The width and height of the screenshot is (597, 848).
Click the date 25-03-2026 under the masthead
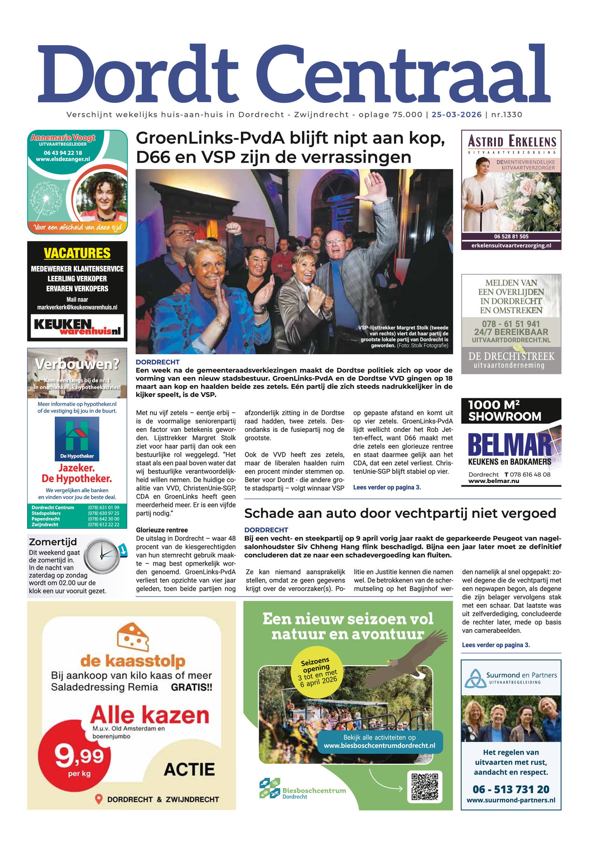(456, 114)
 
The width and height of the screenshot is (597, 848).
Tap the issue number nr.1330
(506, 114)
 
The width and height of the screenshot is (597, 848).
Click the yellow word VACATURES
(77, 253)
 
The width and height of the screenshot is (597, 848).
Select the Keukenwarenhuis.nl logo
(77, 326)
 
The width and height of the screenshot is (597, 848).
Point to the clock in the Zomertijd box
(101, 556)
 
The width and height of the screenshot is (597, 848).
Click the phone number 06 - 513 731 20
(511, 789)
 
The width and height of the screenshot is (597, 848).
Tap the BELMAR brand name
(510, 445)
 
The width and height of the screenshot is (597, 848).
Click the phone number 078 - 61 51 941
(511, 324)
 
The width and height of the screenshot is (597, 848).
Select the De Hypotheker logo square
(77, 439)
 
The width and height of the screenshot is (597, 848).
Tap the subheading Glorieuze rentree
(162, 530)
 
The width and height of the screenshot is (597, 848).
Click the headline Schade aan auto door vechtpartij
(400, 513)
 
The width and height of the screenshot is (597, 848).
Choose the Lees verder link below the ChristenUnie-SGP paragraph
(387, 487)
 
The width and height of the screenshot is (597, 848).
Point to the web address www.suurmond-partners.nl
(511, 800)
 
